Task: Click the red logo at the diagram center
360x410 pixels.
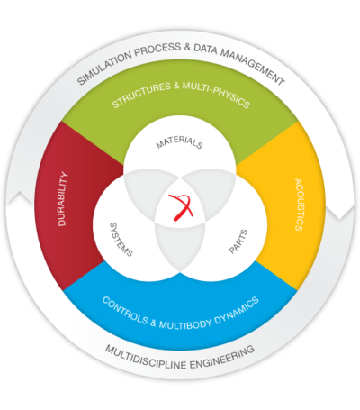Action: click(181, 207)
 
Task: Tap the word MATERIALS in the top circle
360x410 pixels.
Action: click(179, 142)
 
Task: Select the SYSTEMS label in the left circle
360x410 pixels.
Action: click(121, 240)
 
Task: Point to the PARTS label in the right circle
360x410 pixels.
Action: click(238, 241)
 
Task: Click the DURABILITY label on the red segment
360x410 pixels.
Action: click(63, 198)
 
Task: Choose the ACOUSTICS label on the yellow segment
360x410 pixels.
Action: click(299, 205)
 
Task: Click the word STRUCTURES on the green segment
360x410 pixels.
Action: click(141, 95)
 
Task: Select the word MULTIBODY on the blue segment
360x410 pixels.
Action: click(185, 324)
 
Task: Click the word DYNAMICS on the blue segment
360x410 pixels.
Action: click(237, 311)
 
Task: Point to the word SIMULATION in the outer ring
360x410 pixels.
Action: click(104, 68)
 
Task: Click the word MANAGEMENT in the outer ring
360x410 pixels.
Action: click(253, 67)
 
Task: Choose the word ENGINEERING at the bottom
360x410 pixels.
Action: click(222, 357)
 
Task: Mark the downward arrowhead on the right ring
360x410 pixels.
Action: click(340, 212)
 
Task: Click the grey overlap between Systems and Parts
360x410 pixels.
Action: click(180, 246)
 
